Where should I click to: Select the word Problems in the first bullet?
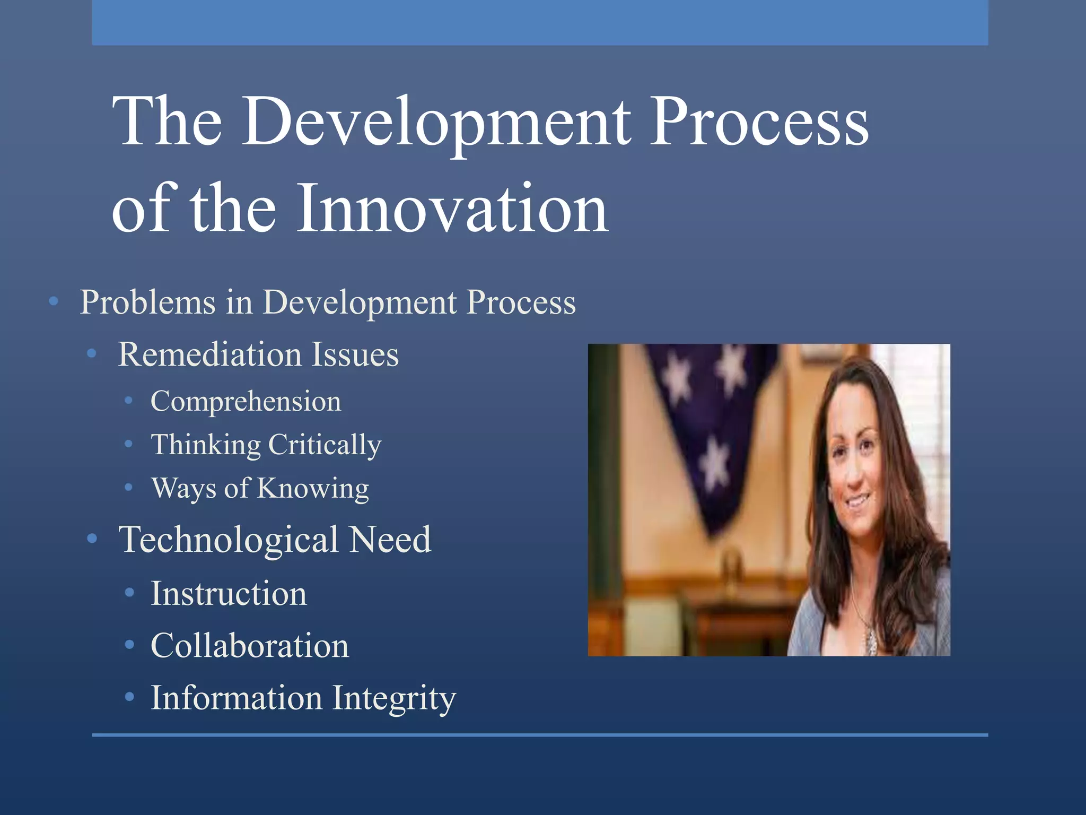(x=148, y=302)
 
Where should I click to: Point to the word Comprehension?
(x=246, y=402)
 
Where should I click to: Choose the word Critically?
(x=325, y=445)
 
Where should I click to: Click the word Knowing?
(x=313, y=489)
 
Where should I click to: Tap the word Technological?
(x=229, y=540)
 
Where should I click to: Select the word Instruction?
(x=229, y=593)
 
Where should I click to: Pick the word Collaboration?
(x=250, y=646)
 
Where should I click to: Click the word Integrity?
(x=394, y=698)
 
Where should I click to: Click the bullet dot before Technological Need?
(x=92, y=539)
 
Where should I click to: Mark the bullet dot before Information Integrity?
(x=129, y=697)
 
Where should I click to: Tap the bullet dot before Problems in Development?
(x=53, y=302)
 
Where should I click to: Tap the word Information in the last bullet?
(x=237, y=698)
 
